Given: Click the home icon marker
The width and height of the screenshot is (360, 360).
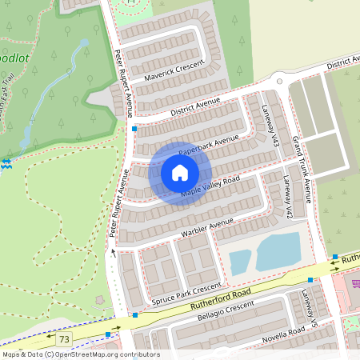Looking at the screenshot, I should point(180,173).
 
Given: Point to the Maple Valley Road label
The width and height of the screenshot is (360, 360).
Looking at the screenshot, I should point(210,186).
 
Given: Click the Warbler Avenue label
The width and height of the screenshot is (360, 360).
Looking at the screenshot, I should point(207,226).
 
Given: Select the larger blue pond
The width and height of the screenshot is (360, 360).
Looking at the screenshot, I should point(278,251).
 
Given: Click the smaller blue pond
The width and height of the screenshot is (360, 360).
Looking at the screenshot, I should point(240,261).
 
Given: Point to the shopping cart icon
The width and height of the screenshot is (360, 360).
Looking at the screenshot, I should point(356,282).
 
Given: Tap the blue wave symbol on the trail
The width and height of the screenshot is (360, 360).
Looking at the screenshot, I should point(6,164).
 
